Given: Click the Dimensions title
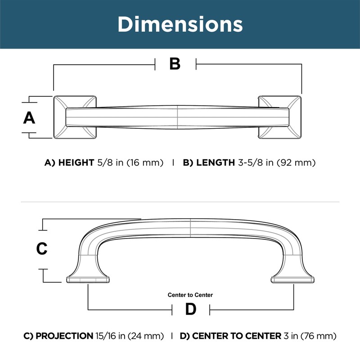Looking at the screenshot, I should pos(180,24).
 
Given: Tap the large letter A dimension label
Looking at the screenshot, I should pos(29,118).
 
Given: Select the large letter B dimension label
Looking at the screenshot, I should pos(175,64).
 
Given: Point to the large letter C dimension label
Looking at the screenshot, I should pos(42,248).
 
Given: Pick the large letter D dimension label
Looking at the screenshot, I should pos(191,310).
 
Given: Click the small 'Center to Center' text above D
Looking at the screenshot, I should pos(190,295).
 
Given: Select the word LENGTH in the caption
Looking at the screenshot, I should pos(214,162).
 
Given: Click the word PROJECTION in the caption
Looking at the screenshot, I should pos(64,336).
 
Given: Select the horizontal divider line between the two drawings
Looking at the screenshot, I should pos(180,202).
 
